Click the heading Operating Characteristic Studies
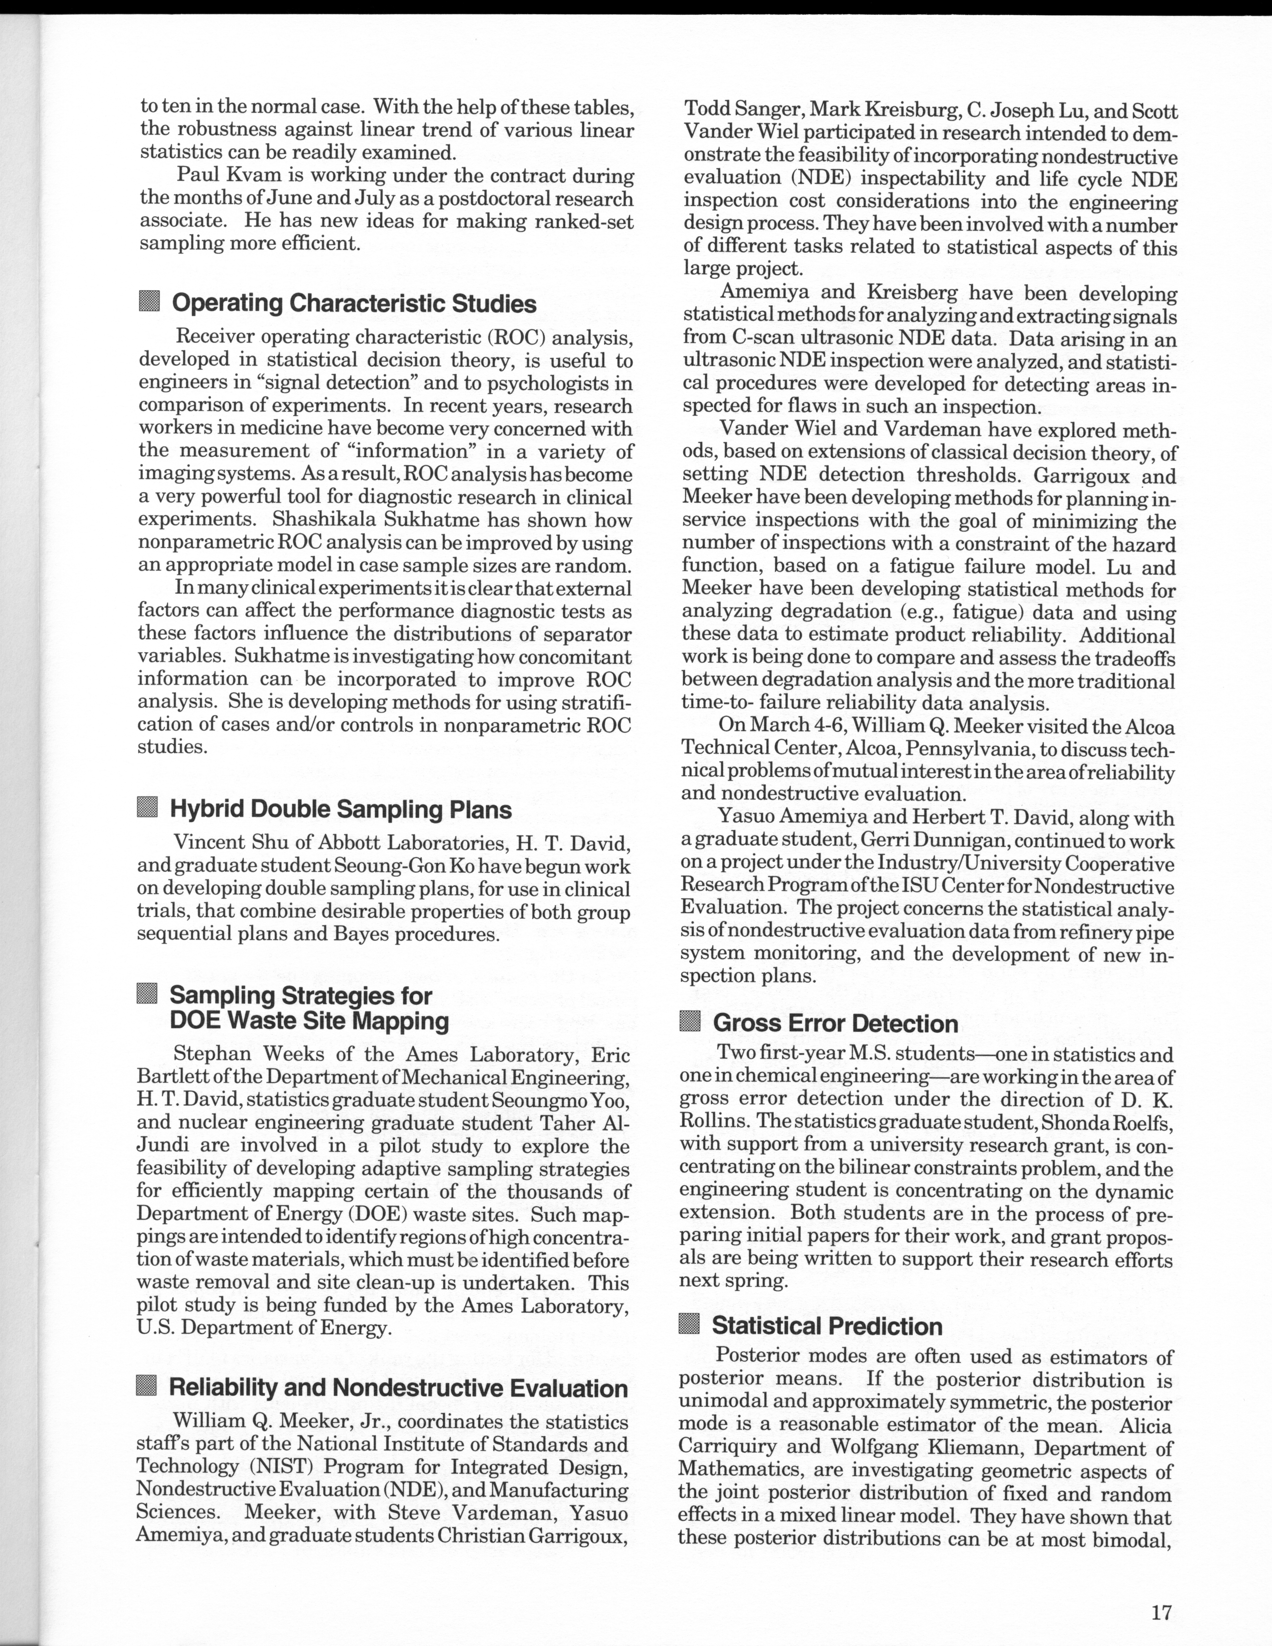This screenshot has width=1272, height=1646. click(354, 304)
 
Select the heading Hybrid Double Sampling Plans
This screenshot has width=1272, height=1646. click(341, 810)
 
